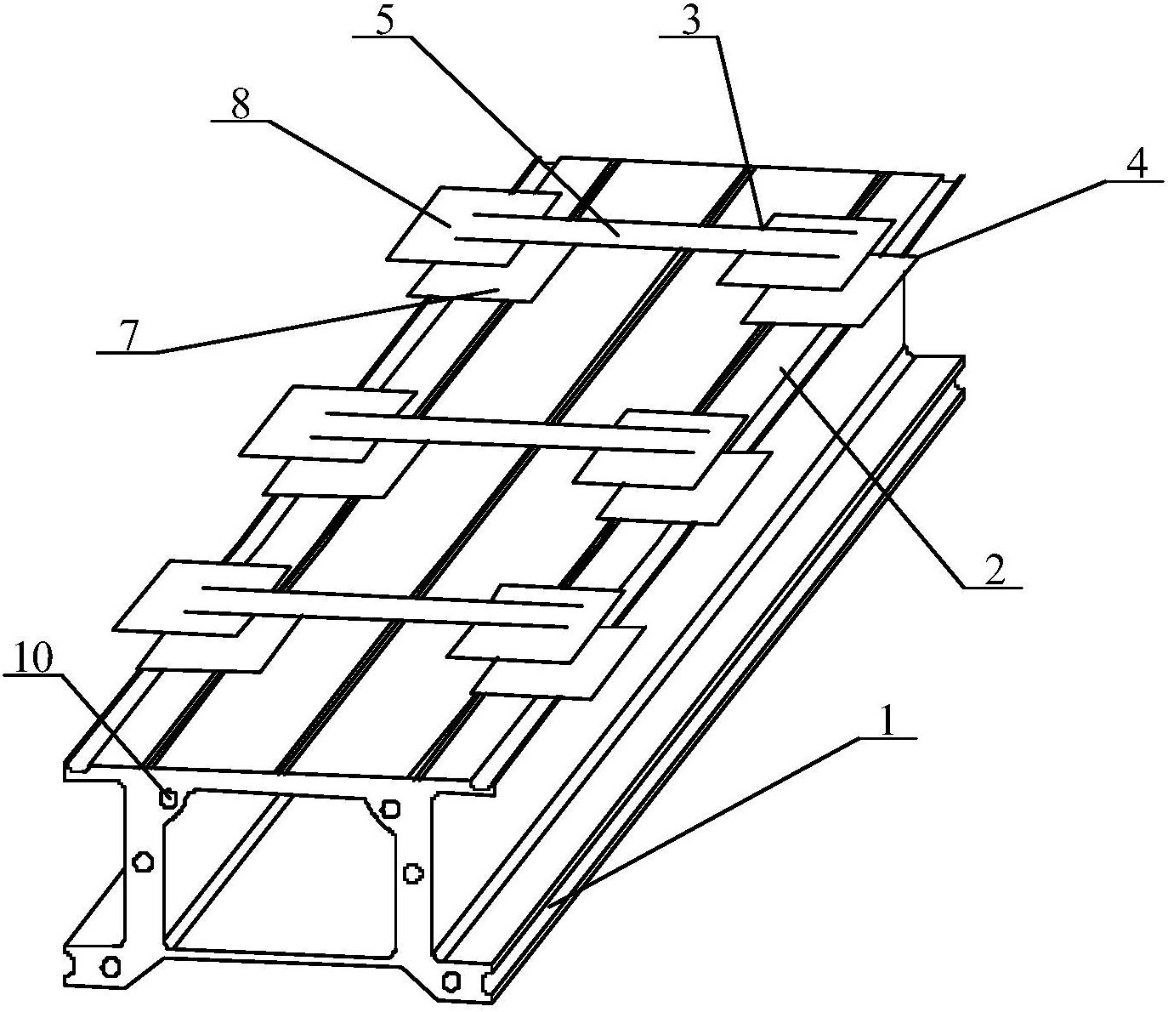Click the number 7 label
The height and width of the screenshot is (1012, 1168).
click(x=129, y=336)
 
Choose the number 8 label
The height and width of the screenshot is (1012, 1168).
click(x=241, y=103)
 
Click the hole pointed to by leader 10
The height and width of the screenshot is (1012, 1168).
click(x=168, y=799)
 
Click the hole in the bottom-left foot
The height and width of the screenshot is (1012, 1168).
click(x=111, y=965)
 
